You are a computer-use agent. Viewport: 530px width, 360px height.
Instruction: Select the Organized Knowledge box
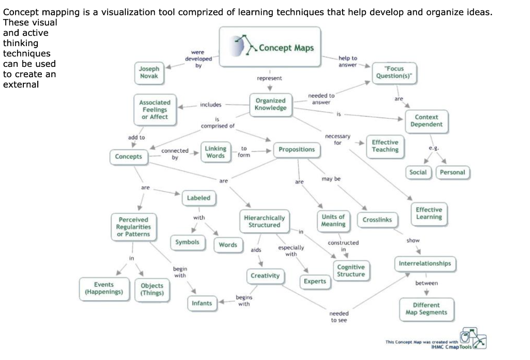[x=270, y=104]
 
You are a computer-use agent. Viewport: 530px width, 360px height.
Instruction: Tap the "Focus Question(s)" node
[x=394, y=72]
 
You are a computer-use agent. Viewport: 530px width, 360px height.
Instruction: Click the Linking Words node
[x=215, y=152]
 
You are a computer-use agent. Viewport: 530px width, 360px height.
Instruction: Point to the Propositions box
[x=297, y=150]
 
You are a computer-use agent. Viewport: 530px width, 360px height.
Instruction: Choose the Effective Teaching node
[x=385, y=146]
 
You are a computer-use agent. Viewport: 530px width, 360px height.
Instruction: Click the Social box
[x=418, y=172]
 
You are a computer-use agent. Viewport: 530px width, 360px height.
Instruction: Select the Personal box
[x=452, y=172]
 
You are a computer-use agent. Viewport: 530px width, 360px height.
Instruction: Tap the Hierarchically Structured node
[x=264, y=222]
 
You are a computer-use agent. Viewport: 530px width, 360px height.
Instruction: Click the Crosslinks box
[x=377, y=220]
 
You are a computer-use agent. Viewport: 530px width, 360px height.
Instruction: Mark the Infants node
[x=202, y=304]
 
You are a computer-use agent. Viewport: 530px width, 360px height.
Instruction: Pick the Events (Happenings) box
[x=104, y=288]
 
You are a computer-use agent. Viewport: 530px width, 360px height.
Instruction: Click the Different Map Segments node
[x=426, y=309]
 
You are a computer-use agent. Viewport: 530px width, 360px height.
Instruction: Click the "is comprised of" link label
[x=217, y=123]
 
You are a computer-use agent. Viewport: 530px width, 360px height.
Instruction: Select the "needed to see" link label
[x=339, y=317]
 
